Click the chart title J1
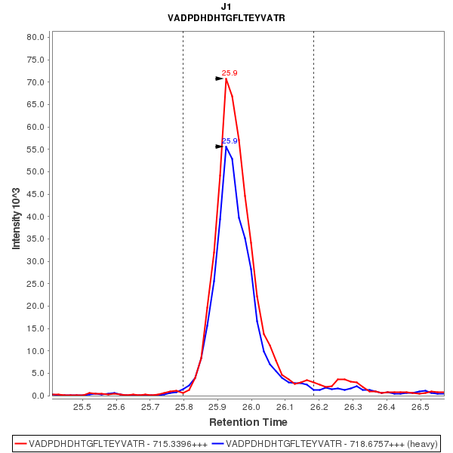tap(226, 7)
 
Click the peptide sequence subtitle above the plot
tap(226, 18)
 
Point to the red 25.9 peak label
tap(230, 73)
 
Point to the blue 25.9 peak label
tap(230, 141)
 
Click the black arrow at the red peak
tap(219, 79)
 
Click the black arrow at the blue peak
tap(219, 146)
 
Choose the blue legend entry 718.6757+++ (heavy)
tap(325, 443)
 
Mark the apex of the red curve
tap(226, 79)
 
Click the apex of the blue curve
tap(226, 146)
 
